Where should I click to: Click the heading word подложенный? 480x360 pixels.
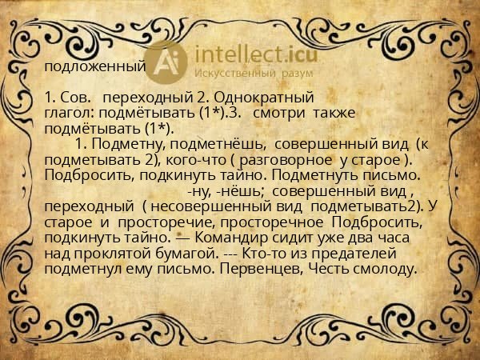pyautogui.click(x=94, y=66)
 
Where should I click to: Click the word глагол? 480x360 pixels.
pyautogui.click(x=70, y=114)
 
